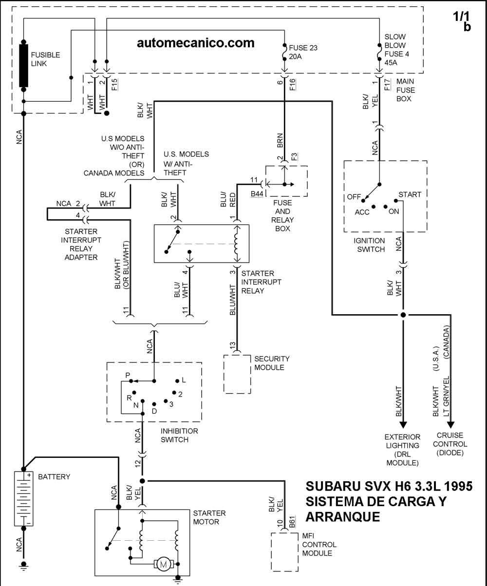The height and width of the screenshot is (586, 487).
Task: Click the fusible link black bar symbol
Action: point(23,65)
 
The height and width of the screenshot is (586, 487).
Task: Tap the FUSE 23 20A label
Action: point(303,52)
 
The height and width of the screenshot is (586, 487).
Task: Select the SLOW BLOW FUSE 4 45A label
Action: point(396,50)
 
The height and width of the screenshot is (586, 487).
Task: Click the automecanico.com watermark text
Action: point(195,43)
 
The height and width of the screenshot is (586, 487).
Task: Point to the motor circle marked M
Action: point(163,564)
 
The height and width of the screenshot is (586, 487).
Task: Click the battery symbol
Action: point(23,498)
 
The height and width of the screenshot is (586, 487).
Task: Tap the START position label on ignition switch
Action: point(410,194)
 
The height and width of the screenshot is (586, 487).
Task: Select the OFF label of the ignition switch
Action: point(354,197)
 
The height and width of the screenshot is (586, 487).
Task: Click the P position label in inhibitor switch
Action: point(128,376)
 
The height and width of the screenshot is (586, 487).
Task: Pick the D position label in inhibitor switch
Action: point(154,411)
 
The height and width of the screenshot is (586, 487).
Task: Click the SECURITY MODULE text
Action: point(272,363)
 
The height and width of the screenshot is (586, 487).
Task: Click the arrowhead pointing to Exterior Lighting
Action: point(403,425)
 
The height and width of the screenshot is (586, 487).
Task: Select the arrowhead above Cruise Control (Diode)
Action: point(450,425)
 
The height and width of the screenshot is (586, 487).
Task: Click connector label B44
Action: point(257,194)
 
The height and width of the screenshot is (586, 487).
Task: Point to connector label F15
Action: point(114,85)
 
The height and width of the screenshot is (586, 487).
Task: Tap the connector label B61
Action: point(292,521)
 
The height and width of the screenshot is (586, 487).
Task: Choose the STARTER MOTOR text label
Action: point(209,517)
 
